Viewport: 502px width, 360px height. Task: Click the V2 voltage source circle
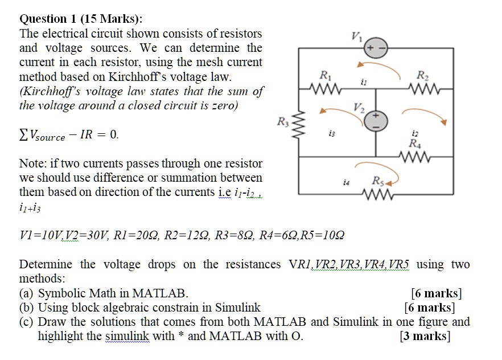(x=376, y=121)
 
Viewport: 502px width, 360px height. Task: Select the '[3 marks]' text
(x=425, y=336)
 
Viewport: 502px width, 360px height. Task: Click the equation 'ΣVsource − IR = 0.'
(x=69, y=135)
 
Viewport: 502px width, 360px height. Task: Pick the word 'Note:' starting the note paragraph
(x=34, y=163)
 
